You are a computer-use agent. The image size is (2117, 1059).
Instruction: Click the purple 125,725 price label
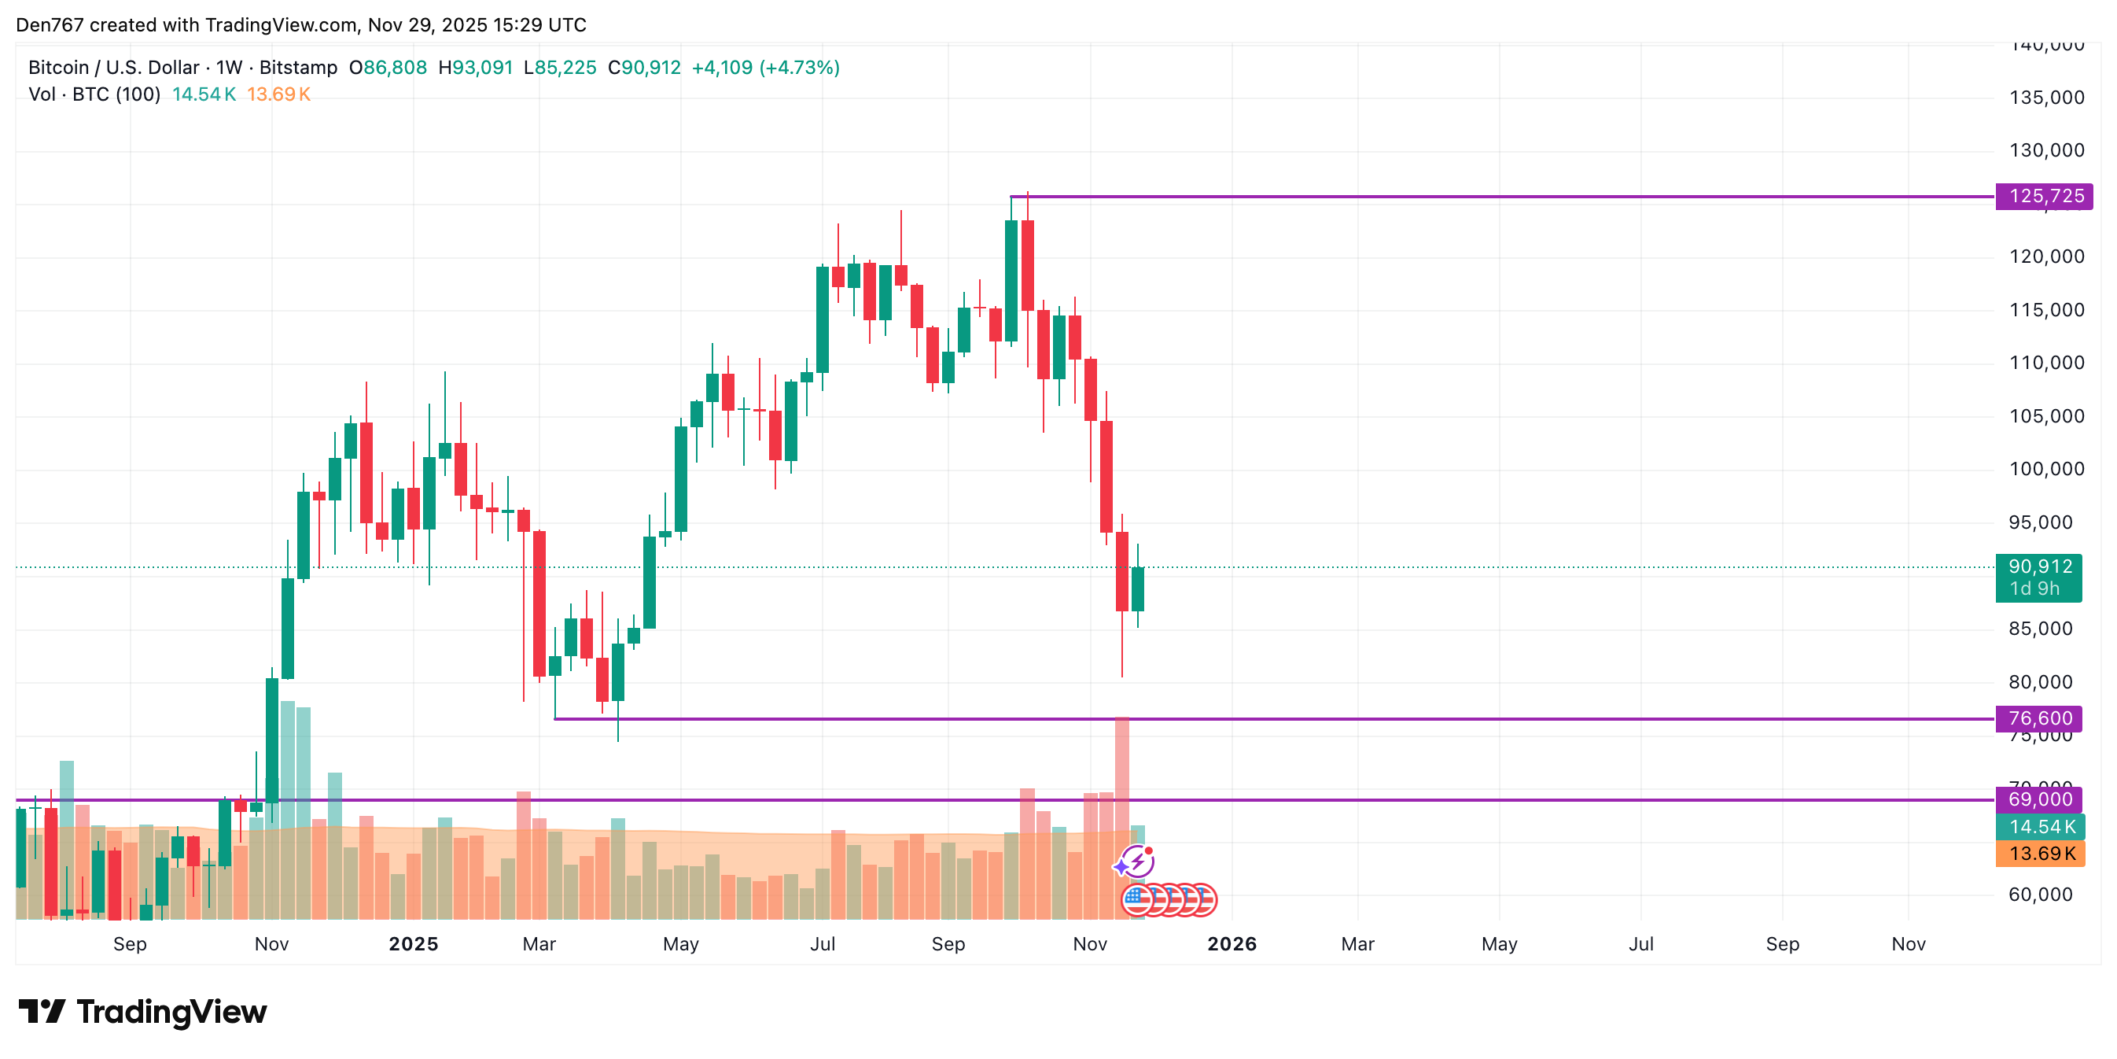click(2045, 197)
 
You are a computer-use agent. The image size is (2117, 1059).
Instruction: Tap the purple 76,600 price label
click(2039, 718)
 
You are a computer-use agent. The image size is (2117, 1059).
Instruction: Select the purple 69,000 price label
click(2039, 799)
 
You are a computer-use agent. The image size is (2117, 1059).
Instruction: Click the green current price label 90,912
click(2039, 567)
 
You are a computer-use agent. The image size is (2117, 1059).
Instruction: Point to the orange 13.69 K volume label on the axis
click(2042, 854)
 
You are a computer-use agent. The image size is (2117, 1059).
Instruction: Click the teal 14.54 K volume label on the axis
click(2042, 827)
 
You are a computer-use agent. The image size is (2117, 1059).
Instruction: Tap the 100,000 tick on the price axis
click(2046, 470)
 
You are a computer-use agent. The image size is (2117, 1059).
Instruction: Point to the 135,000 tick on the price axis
click(2046, 98)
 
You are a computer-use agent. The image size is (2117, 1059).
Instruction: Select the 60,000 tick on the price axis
click(2040, 895)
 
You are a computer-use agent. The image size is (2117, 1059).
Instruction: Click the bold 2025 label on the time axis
click(414, 944)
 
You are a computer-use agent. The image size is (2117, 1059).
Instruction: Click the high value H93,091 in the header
click(475, 68)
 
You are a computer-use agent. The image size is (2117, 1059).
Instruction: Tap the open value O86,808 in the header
click(388, 68)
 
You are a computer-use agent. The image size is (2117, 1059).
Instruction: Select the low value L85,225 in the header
click(561, 68)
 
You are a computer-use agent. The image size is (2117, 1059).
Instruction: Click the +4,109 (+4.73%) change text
click(765, 68)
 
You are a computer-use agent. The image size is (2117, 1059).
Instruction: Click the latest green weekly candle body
click(1137, 589)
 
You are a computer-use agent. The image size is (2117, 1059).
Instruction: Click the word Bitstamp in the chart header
click(298, 68)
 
